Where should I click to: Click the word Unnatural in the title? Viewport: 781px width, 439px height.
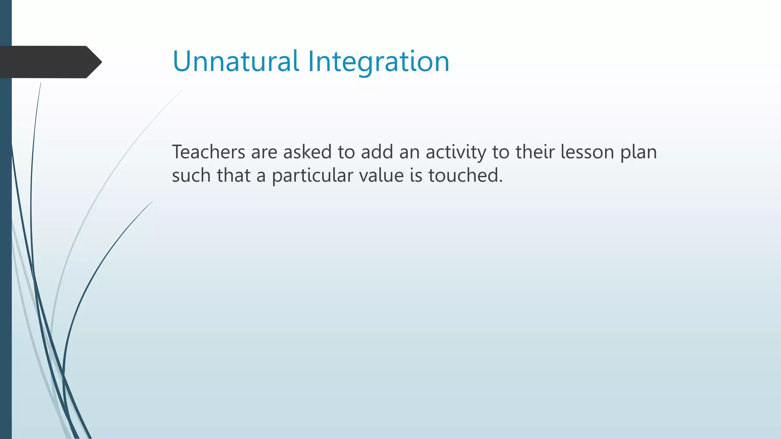[x=236, y=61]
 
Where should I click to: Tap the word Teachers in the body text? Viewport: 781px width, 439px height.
[x=209, y=152]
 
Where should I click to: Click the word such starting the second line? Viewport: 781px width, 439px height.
[x=191, y=176]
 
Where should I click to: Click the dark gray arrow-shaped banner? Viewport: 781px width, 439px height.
[x=46, y=62]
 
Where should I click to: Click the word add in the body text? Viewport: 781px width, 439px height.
[x=377, y=152]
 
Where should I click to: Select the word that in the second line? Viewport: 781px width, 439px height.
[x=234, y=176]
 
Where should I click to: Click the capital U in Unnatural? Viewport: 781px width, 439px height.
[x=182, y=61]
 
